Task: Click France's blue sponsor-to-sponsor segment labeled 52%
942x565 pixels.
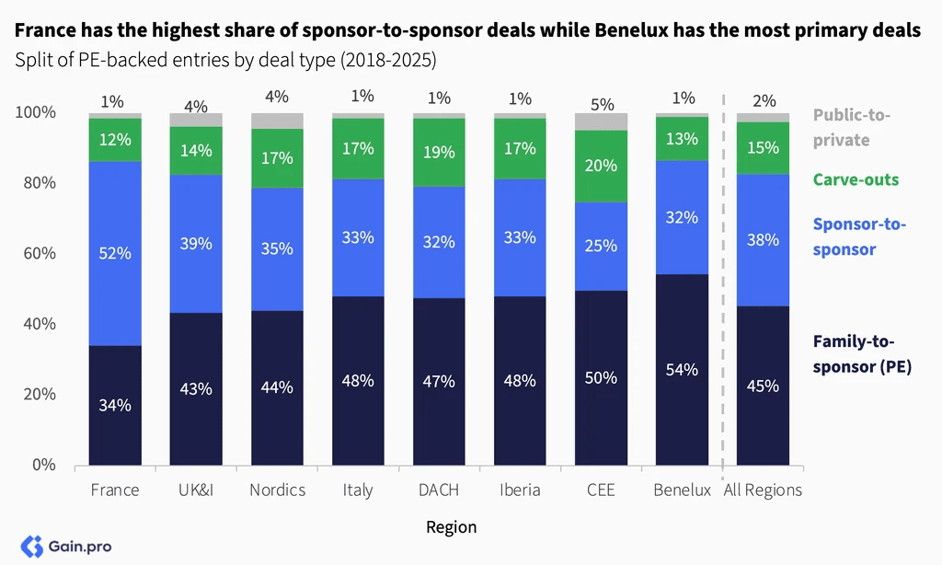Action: click(115, 254)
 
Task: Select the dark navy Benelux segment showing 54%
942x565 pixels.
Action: click(682, 370)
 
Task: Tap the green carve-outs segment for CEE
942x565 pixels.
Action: click(601, 167)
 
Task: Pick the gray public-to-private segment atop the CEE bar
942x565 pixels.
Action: click(601, 122)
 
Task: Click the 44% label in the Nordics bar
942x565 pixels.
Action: click(277, 387)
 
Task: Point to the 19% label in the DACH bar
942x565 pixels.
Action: click(439, 152)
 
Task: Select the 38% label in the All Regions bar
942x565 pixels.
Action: click(763, 240)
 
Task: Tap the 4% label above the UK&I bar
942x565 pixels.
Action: click(196, 107)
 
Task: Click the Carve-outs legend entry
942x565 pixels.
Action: click(856, 179)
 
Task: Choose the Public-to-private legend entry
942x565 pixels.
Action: click(851, 127)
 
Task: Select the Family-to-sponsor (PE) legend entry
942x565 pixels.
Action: click(862, 354)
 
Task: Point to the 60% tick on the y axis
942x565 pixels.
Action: click(40, 253)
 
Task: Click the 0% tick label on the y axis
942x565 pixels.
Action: click(44, 465)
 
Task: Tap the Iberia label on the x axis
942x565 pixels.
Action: click(520, 490)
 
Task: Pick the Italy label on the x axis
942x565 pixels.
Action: click(358, 490)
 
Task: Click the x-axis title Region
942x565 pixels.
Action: click(451, 527)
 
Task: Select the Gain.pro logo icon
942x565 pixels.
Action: click(32, 547)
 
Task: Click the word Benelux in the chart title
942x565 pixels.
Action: click(631, 29)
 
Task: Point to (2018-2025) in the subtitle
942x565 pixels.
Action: click(388, 60)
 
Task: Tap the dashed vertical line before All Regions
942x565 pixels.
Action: click(723, 280)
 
